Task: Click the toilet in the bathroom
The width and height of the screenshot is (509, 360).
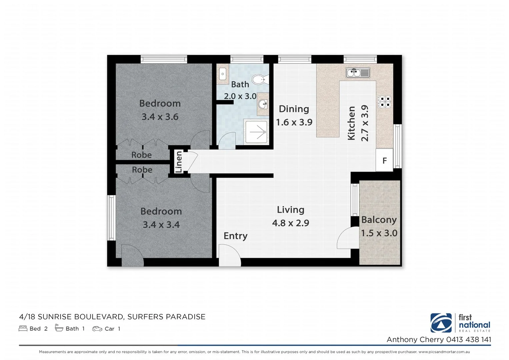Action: pos(258,79)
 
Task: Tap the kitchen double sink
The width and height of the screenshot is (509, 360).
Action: pos(358,72)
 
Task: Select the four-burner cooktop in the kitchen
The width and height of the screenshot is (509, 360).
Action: pos(384,102)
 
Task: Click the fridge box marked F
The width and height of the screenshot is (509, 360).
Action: pos(384,161)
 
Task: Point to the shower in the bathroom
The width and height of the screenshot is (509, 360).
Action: pos(256,132)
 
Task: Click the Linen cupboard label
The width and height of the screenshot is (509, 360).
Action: pos(179,162)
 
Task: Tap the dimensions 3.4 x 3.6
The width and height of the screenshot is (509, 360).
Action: pos(160,117)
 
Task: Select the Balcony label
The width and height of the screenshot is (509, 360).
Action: pos(379,220)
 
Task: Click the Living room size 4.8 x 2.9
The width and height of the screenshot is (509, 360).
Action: pos(291,223)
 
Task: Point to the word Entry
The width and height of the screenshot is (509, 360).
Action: pos(235,236)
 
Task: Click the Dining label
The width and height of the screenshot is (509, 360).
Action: pos(294,109)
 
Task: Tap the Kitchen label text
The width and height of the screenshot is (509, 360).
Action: pos(351,123)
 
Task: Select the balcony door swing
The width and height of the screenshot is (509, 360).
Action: pos(345,239)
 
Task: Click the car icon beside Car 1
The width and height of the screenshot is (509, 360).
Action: pos(97,329)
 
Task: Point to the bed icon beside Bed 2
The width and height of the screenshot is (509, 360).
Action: pos(23,329)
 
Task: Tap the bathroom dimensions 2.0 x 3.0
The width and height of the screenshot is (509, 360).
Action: pos(240,96)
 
